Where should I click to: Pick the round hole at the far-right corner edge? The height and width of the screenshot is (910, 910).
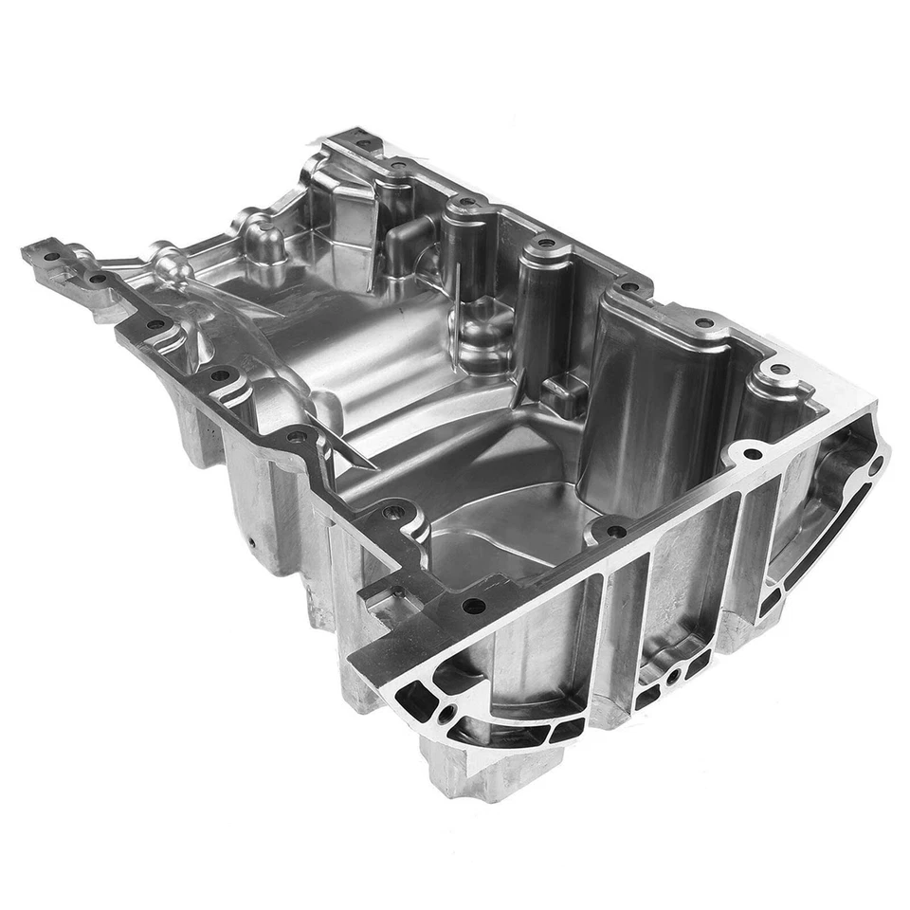tap(876, 464)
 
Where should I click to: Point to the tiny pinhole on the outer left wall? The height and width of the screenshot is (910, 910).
tap(252, 543)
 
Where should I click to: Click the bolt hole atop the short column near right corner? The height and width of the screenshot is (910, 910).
tap(777, 370)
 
